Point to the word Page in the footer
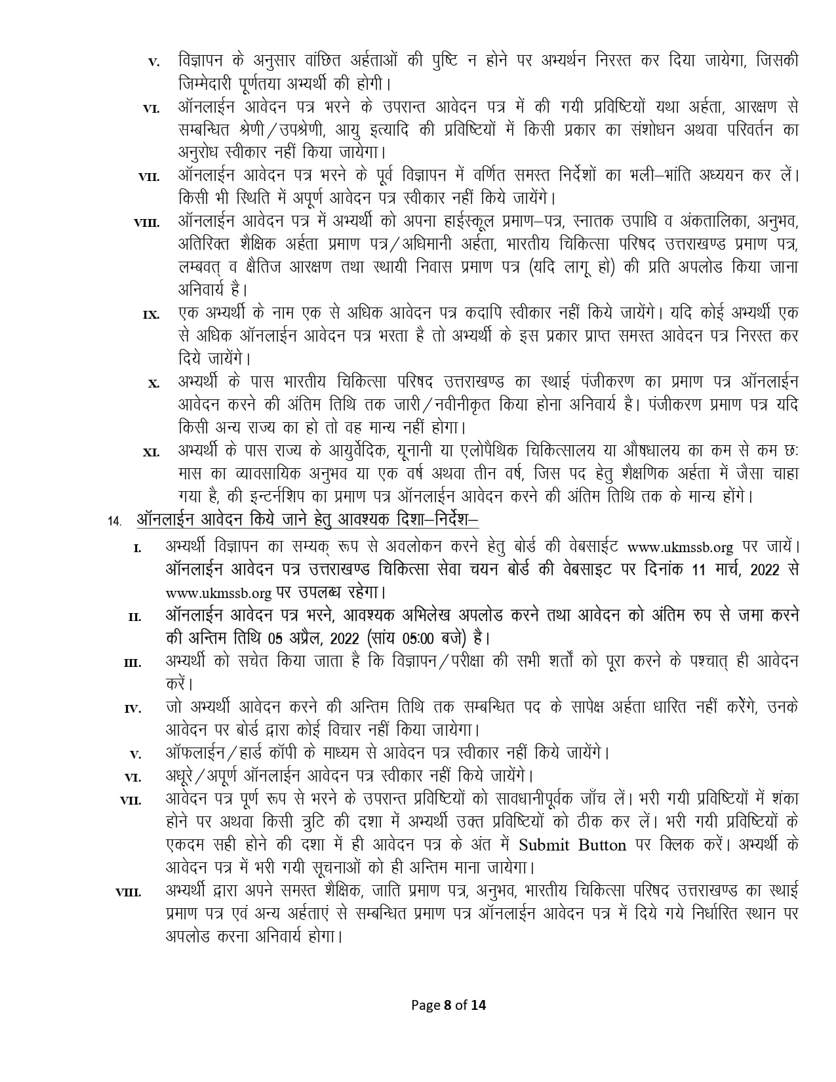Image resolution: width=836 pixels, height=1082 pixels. (426, 1005)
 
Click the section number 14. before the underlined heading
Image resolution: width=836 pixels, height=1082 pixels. (115, 521)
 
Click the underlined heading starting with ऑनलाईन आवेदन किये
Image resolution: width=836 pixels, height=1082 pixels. (308, 520)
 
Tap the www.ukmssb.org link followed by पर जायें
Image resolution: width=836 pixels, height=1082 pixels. (680, 546)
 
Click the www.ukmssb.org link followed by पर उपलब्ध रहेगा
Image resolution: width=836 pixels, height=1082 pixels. (218, 593)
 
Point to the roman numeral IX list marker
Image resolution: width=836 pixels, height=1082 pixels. (151, 315)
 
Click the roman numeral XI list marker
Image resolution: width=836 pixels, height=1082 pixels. (151, 452)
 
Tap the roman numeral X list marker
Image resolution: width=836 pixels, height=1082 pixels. (154, 384)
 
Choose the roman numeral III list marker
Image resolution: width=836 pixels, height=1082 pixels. (132, 663)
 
